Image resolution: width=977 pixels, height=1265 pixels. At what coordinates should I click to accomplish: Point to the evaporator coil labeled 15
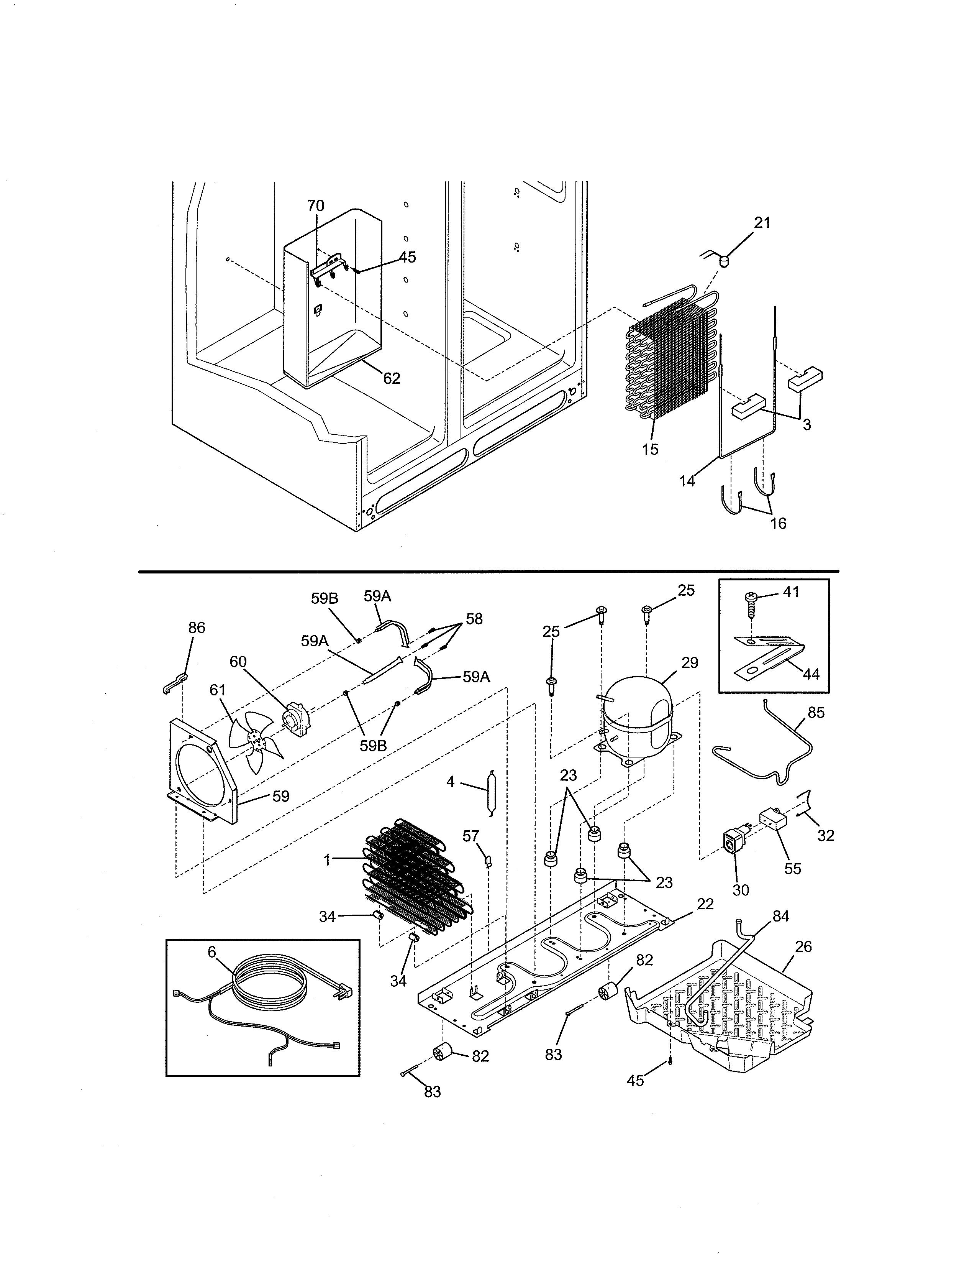point(671,365)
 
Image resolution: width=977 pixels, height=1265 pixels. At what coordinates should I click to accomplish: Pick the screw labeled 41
point(751,602)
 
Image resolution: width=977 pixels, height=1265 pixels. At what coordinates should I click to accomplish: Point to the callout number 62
point(392,378)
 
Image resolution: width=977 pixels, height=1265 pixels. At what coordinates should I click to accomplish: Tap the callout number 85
point(816,713)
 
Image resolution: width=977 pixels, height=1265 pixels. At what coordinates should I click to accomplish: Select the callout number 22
point(705,904)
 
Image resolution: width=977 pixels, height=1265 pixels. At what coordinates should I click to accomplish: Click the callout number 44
point(811,674)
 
